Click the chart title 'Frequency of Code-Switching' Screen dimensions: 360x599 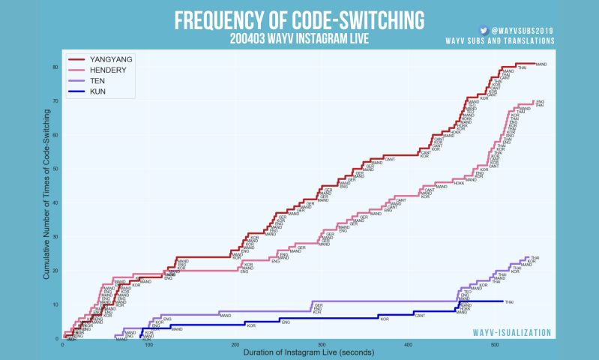[x=299, y=19]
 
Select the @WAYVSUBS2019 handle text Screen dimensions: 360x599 [x=523, y=31]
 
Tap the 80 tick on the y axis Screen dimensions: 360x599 [x=55, y=67]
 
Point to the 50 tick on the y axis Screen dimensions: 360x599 [x=55, y=169]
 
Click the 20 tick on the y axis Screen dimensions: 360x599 [x=55, y=271]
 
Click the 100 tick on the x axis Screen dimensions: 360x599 [x=149, y=345]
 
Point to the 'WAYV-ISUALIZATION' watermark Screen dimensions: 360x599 [x=512, y=332]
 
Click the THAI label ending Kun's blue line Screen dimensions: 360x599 [x=509, y=301]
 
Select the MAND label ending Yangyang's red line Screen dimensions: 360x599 [x=541, y=64]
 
